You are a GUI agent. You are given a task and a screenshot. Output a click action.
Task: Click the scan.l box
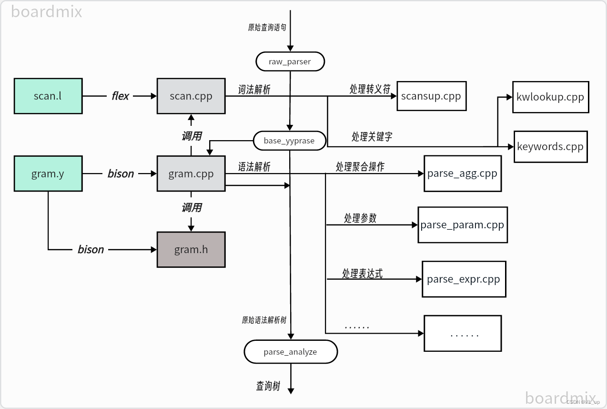click(x=48, y=96)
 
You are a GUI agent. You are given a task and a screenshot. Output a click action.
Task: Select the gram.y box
click(x=48, y=174)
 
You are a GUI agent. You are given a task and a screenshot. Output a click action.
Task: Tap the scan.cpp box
click(x=191, y=96)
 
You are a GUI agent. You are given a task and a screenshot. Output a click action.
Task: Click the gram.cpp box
click(x=191, y=174)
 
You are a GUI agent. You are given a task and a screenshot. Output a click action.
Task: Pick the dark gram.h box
click(x=191, y=249)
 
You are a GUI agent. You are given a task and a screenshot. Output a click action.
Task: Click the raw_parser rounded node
click(x=290, y=61)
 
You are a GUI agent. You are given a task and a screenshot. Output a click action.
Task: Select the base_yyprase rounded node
click(x=289, y=141)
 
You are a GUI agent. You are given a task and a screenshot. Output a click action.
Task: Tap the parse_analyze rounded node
click(x=290, y=352)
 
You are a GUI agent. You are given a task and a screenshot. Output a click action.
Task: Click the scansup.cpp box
click(x=431, y=96)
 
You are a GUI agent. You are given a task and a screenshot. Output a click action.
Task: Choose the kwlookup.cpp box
click(x=550, y=97)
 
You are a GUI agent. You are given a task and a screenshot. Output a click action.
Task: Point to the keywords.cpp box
click(x=550, y=146)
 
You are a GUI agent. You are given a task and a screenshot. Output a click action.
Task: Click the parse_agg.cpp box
click(x=462, y=174)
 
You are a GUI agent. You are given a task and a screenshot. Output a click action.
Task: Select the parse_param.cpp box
click(x=462, y=225)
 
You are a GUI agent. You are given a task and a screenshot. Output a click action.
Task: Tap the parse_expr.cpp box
click(x=464, y=279)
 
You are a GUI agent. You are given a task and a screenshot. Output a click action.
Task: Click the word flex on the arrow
click(x=120, y=96)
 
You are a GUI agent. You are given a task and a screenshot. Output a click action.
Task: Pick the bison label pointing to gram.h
click(x=91, y=249)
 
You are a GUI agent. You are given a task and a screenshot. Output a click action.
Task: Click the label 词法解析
click(x=254, y=89)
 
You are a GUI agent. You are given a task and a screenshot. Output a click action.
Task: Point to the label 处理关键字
click(x=372, y=137)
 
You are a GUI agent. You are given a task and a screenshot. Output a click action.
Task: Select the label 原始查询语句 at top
click(x=267, y=27)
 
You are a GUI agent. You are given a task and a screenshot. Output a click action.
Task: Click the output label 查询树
click(x=268, y=386)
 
